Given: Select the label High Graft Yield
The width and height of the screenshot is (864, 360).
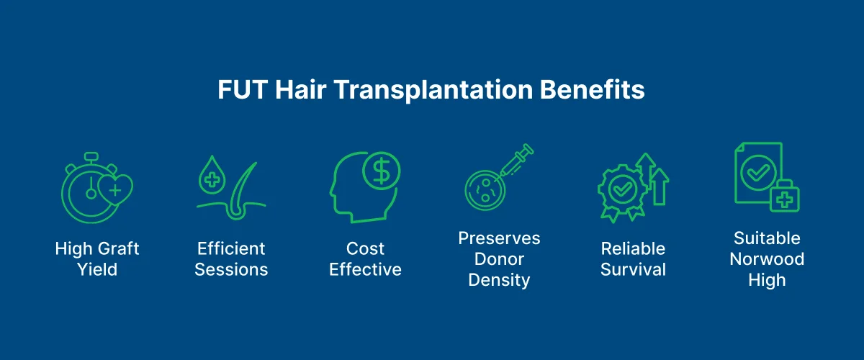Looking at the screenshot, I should [96, 259].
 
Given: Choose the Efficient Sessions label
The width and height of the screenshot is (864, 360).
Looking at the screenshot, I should [231, 259].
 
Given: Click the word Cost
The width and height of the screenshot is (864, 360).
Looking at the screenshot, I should [365, 249].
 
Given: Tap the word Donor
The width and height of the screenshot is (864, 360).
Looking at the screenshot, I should [499, 259].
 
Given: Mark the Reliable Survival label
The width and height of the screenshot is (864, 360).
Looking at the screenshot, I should [634, 259].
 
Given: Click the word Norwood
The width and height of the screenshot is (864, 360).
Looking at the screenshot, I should [767, 259].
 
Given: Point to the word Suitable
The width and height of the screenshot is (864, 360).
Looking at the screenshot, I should [767, 238].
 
